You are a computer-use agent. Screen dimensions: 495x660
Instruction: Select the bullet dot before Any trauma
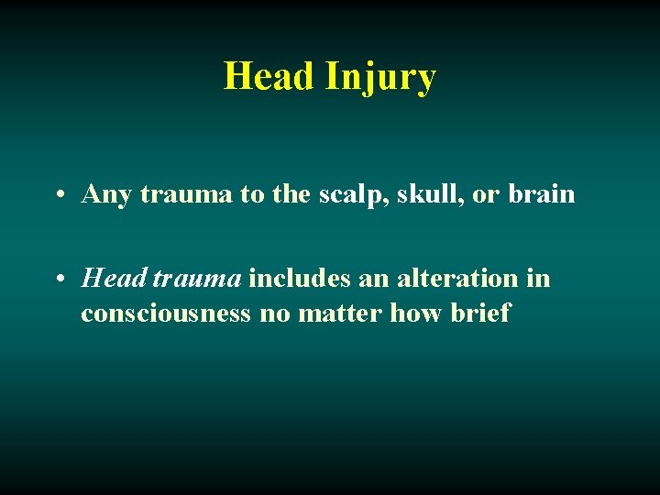pyautogui.click(x=58, y=195)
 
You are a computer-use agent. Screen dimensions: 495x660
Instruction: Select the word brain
pyautogui.click(x=543, y=194)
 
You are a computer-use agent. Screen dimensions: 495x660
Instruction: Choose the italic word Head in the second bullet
pyautogui.click(x=115, y=277)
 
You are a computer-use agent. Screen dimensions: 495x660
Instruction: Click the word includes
pyautogui.click(x=293, y=277)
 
